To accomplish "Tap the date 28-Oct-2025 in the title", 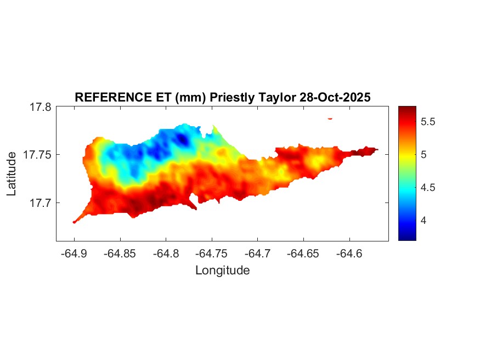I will (x=335, y=98).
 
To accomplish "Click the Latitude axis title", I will (x=12, y=174).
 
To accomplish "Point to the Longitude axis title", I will (x=222, y=271).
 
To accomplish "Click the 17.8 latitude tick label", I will (x=41, y=107).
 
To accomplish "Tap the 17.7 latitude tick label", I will (x=41, y=203).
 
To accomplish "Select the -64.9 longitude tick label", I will (x=74, y=254).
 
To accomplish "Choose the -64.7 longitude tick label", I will (x=258, y=254).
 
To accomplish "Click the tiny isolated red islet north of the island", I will (x=330, y=118).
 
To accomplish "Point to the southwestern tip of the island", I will (x=75, y=222).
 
